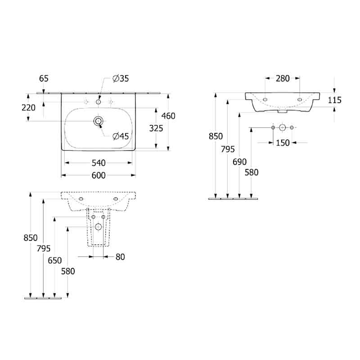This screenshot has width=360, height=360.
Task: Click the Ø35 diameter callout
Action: pos(121,79)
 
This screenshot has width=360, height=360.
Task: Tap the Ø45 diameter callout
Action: pos(121,136)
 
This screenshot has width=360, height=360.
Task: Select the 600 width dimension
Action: pos(99,175)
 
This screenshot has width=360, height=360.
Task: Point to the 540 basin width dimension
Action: pos(99,163)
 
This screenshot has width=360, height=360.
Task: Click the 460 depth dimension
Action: pos(168,116)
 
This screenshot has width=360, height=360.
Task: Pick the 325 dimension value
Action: pos(156,128)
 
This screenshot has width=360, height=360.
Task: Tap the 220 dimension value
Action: pos(28,108)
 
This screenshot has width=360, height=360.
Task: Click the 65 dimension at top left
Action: pos(44,78)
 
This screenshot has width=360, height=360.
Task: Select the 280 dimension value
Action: pos(283,78)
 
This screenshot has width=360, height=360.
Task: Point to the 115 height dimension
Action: pos(334,100)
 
